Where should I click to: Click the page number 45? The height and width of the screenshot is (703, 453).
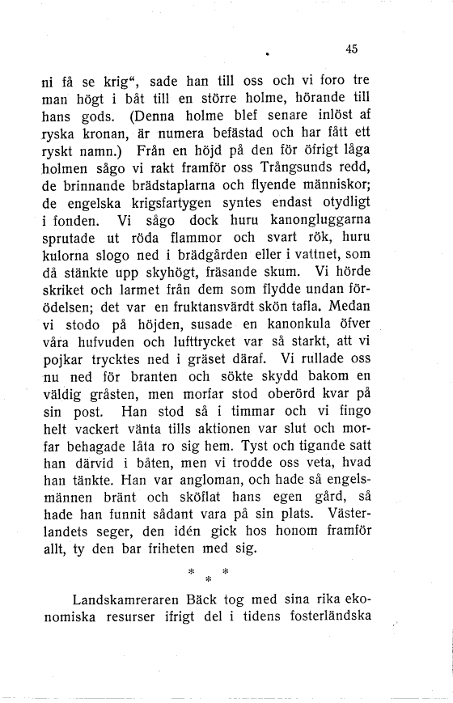coord(350,49)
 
